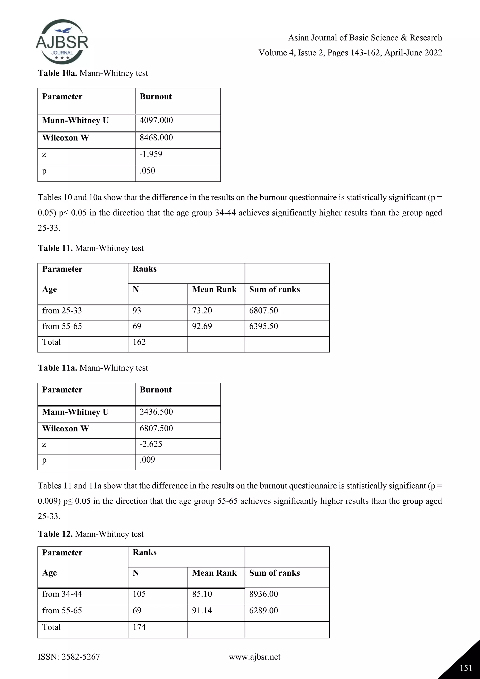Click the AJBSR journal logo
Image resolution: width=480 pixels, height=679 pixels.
(62, 42)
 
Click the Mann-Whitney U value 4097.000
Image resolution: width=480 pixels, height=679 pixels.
(156, 120)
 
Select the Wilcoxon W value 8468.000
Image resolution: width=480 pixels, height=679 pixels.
(156, 138)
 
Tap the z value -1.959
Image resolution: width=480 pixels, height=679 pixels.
(151, 154)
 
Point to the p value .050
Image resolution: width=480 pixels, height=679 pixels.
(147, 171)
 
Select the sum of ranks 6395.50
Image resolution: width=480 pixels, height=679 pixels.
(263, 326)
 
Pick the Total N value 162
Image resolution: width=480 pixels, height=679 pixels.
(139, 342)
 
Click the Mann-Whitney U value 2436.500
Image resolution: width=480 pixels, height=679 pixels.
(156, 412)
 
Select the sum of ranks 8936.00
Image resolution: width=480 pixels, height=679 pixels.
(263, 594)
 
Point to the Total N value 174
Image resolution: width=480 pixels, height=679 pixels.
(139, 627)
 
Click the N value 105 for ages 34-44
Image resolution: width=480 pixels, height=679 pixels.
(139, 594)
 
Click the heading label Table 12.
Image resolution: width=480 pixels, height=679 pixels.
(55, 534)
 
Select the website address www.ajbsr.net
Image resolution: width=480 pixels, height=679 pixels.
(255, 657)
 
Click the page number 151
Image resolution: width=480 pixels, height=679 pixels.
(466, 668)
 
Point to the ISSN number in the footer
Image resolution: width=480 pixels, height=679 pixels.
(69, 657)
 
